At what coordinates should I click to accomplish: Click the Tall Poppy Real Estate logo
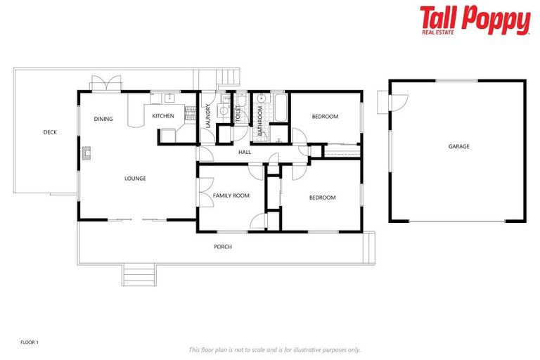click(475, 20)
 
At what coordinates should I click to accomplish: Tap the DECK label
click(49, 132)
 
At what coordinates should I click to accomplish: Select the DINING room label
click(103, 119)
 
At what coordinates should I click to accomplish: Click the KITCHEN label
click(163, 116)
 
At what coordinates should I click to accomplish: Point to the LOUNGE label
click(135, 179)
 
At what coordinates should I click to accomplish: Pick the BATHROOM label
click(259, 121)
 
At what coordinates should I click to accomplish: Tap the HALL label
click(245, 152)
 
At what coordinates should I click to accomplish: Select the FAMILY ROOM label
click(231, 195)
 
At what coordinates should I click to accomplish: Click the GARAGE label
click(458, 146)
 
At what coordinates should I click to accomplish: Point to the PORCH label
click(223, 247)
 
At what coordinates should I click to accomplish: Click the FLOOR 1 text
click(30, 342)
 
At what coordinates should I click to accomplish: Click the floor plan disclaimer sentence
click(274, 349)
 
